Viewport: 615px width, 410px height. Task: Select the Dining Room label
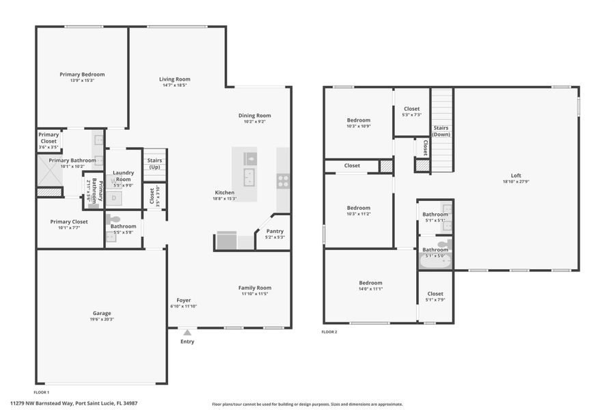pos(254,115)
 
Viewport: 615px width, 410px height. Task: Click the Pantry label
pos(275,231)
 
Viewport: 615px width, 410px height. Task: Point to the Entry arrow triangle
pos(187,333)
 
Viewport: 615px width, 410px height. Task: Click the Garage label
pos(102,313)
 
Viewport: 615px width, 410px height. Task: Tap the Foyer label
pos(184,300)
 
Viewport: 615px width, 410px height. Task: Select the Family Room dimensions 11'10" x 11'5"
pos(254,294)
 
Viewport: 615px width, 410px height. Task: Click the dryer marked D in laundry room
pos(113,198)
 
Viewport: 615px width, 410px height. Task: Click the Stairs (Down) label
pos(441,131)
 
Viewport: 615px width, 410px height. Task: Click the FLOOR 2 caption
pos(329,332)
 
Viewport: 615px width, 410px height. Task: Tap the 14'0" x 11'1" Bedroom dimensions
pos(370,288)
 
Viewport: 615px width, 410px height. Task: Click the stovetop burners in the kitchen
pos(282,181)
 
